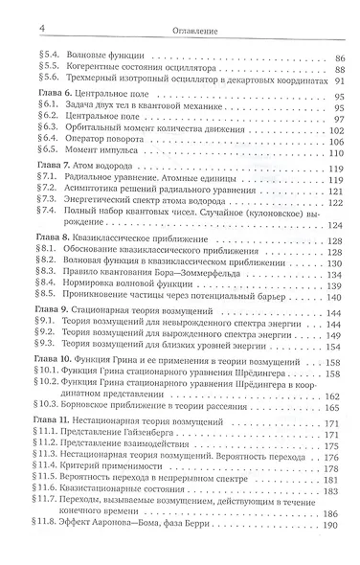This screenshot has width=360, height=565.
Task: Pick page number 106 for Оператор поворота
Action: [x=337, y=140]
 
